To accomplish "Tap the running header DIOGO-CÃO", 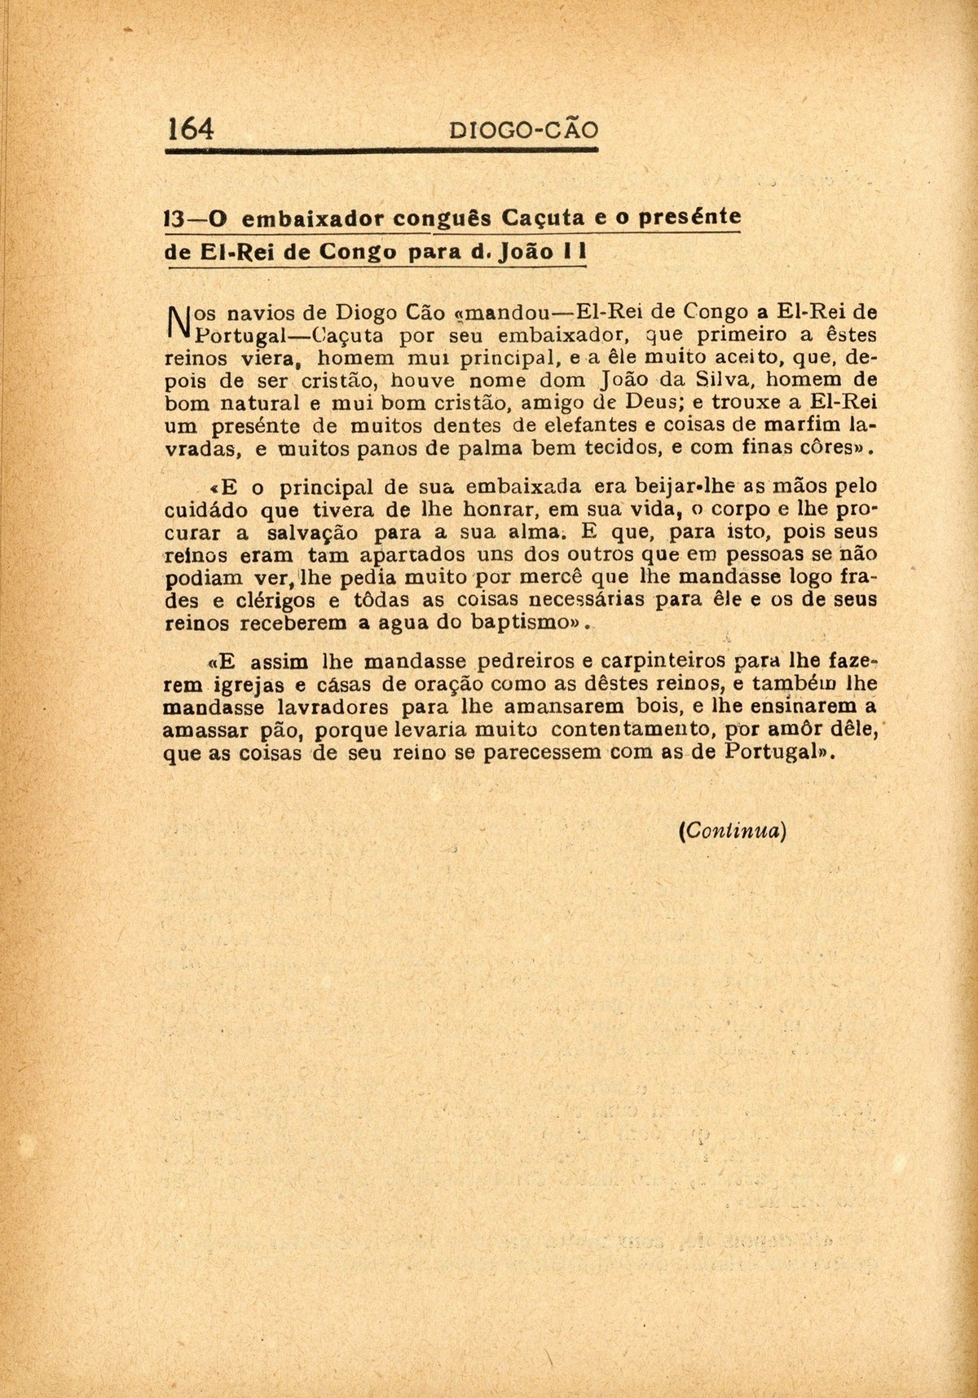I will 524,130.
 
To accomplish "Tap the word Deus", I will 638,403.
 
